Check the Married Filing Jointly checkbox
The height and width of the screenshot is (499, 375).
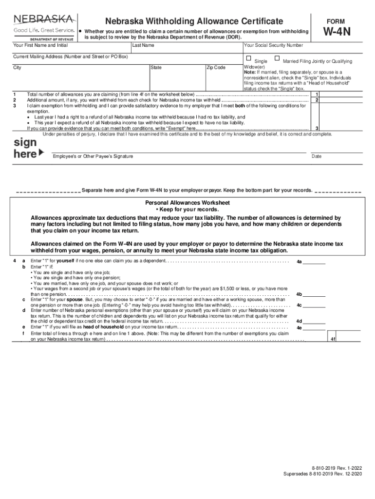click(277, 58)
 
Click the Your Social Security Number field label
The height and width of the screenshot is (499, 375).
click(273, 45)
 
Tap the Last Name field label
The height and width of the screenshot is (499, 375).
click(144, 45)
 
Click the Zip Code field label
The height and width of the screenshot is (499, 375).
click(216, 68)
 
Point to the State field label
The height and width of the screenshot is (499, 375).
click(156, 68)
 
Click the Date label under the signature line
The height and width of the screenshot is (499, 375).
click(317, 156)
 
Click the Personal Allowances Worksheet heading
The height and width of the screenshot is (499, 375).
click(187, 202)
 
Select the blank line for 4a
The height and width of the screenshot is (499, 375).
click(315, 261)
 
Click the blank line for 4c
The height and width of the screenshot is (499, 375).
click(315, 305)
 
